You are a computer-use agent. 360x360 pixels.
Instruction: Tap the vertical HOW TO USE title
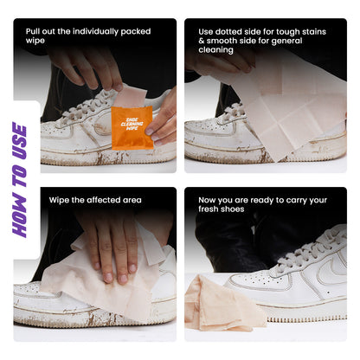tap(20, 180)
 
